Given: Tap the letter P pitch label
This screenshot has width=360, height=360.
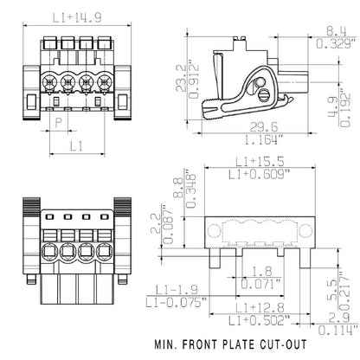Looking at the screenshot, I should click(58, 123).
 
